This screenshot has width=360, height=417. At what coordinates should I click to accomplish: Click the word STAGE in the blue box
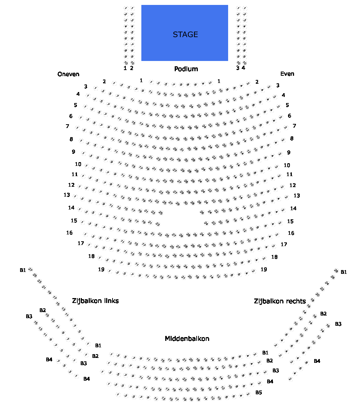pos(185,34)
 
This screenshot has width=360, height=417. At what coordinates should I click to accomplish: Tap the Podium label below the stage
pos(186,69)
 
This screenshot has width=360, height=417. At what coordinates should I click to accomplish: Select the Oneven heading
pos(68,74)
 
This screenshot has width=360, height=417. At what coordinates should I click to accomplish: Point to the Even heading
pos(287,74)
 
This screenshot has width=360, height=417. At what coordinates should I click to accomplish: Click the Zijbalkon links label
pos(95,301)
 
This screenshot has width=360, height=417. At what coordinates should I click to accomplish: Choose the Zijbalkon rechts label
pos(280,301)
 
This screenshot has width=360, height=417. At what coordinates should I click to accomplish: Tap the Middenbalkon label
pos(187,339)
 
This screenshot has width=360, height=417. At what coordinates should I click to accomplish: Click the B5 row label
pos(258,392)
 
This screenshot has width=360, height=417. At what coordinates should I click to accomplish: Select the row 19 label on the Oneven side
pos(101,270)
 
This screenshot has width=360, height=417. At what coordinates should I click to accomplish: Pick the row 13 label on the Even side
pos(297,196)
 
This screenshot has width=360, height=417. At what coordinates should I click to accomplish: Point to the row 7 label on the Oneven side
pos(67,126)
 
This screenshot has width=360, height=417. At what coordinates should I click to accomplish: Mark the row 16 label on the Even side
pos(291,233)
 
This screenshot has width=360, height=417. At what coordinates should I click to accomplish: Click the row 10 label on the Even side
pos(287,166)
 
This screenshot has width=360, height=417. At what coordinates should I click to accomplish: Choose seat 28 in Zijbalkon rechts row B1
pos(336,270)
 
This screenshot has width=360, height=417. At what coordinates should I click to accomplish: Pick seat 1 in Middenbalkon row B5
pos(118,395)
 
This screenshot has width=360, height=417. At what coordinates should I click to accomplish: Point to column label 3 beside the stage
pos(238,68)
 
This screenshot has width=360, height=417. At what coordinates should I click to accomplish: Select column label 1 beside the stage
pos(125,69)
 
